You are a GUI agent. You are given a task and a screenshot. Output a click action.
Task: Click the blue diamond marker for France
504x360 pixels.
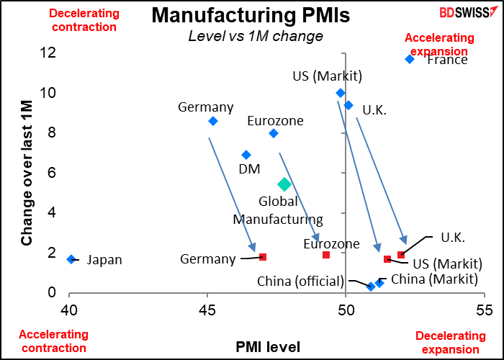pos(410,59)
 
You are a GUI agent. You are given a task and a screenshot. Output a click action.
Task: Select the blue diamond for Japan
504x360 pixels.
pos(71,259)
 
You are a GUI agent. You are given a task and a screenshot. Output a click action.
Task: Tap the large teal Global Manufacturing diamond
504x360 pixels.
pos(284,185)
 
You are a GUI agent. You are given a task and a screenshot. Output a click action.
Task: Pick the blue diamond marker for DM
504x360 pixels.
pos(246,155)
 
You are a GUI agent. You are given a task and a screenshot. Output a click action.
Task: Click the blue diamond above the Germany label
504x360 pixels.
pos(213,121)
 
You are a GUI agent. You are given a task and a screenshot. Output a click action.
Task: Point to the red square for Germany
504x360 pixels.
pos(263,257)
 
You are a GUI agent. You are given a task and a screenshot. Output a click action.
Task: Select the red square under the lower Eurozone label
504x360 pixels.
pos(326,255)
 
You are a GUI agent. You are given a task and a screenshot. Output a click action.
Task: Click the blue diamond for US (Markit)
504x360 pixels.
pos(341,93)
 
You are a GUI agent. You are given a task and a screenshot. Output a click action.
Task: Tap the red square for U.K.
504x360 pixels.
pos(401,255)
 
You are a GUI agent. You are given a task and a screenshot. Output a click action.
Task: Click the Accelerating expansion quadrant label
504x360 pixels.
pos(440,45)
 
